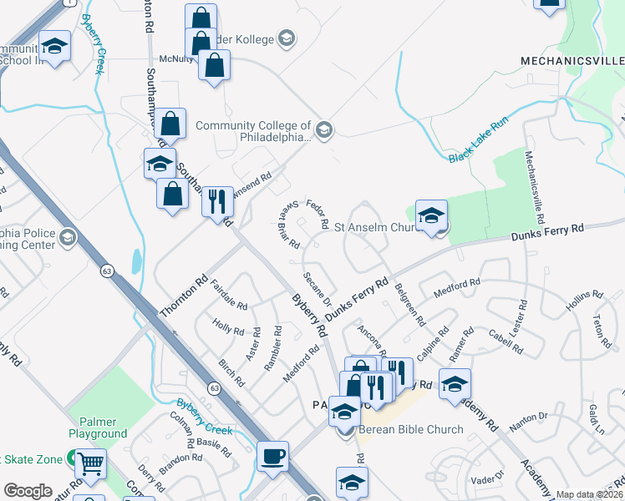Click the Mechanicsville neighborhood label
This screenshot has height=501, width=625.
coord(572,61)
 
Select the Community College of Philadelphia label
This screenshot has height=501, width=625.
coord(253,132)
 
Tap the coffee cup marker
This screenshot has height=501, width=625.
coord(272,457)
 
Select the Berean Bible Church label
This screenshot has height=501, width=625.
coord(410,430)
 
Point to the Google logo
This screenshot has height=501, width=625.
coord(28,491)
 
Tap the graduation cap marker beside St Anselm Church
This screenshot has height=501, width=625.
coord(431,216)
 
